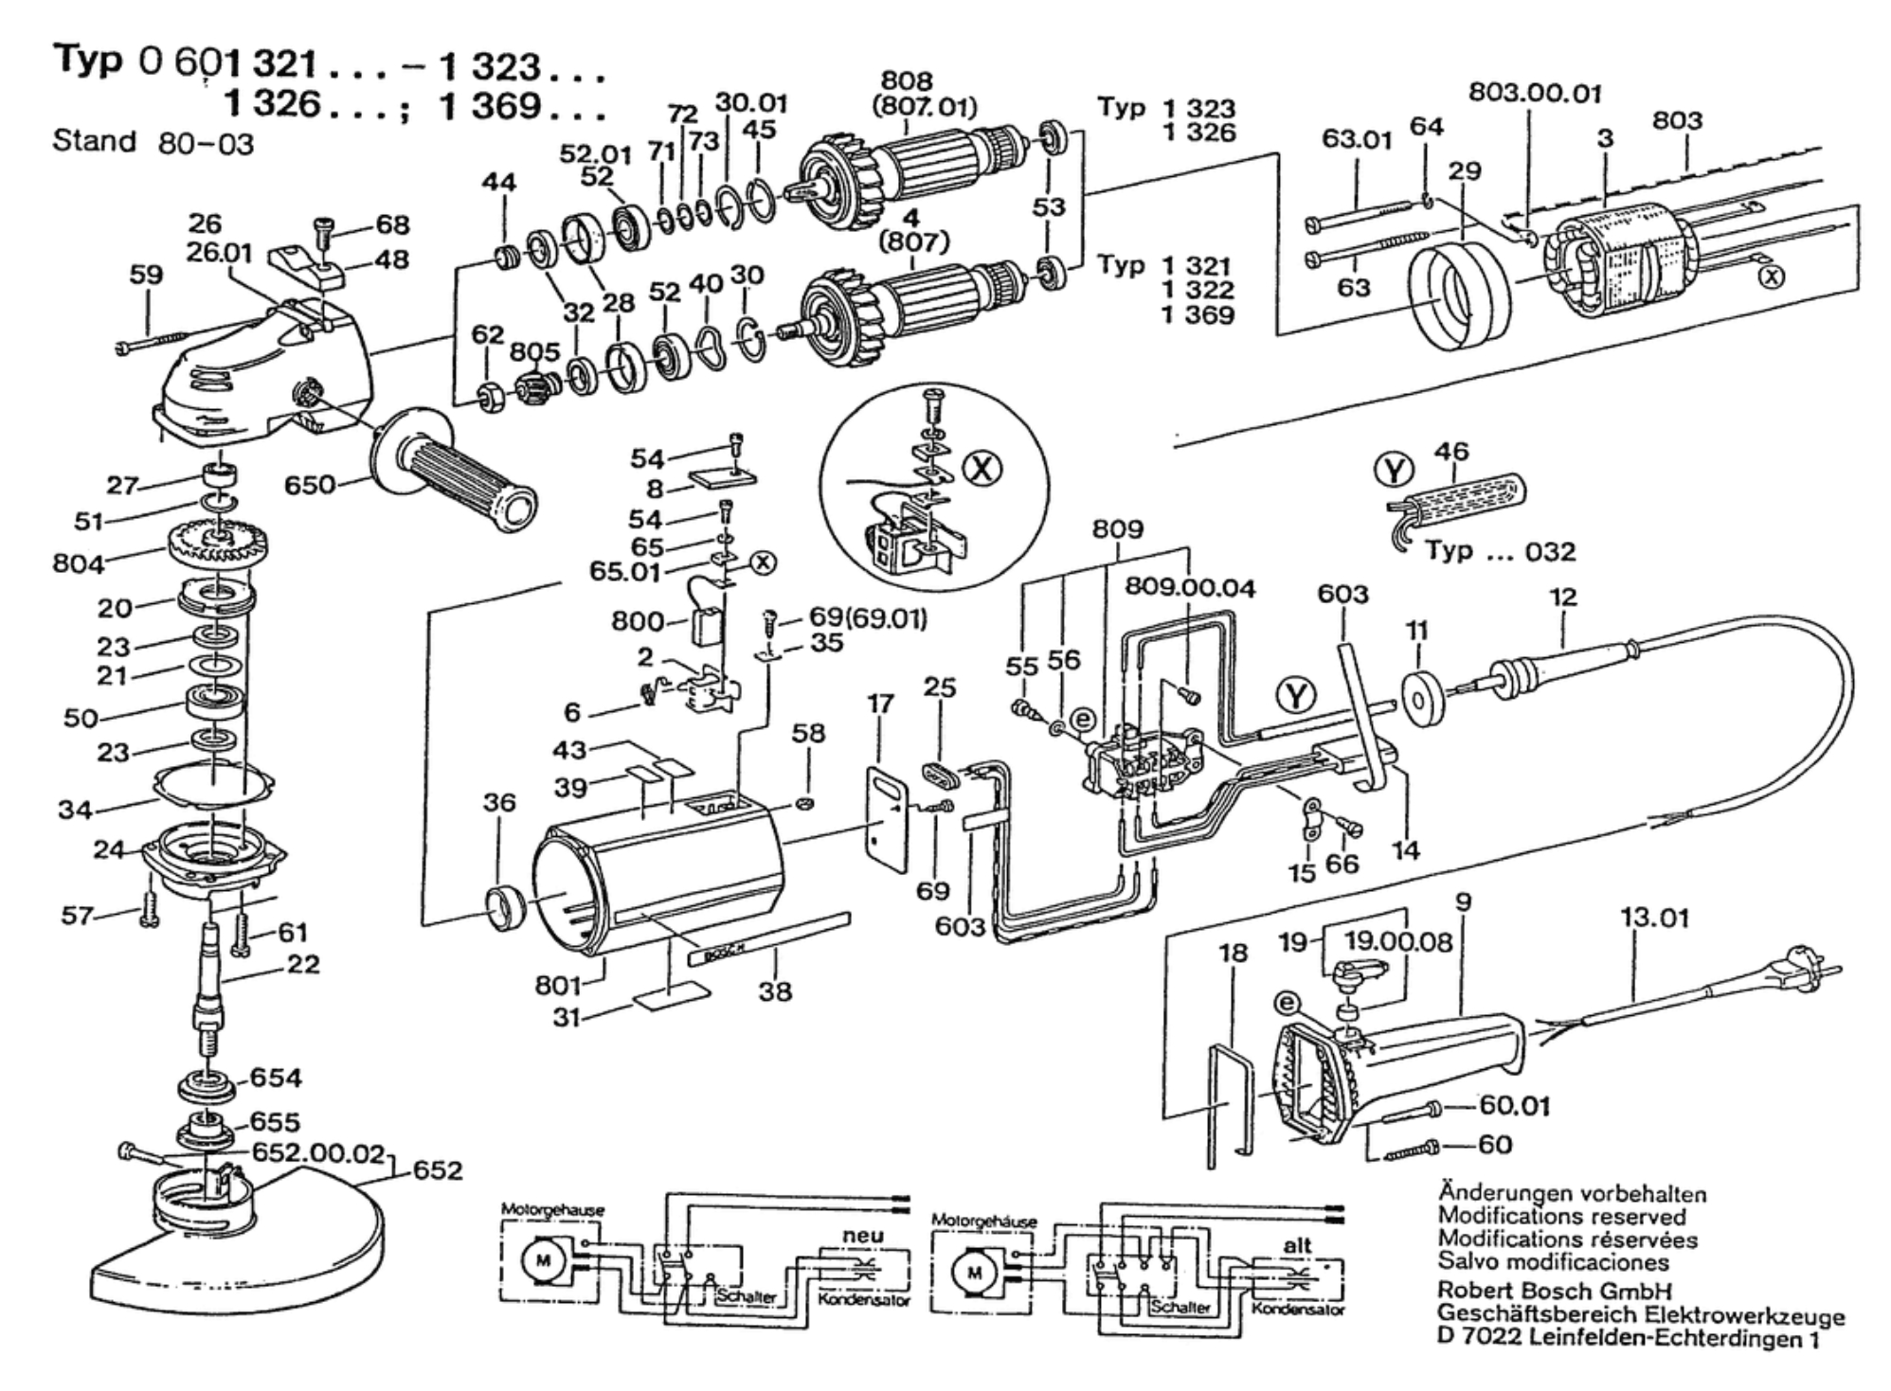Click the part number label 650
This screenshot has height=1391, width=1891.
point(310,485)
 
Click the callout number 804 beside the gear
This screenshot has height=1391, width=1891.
point(78,564)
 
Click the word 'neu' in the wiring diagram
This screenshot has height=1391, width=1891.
point(862,1235)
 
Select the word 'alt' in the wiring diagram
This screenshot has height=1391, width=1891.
point(1297,1246)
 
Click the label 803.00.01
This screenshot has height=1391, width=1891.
point(1535,93)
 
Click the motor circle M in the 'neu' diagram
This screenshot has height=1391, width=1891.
point(543,1260)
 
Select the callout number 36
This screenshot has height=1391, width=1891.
point(499,803)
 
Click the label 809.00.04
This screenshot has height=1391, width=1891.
point(1190,588)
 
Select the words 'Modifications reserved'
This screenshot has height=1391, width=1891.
point(1562,1216)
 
